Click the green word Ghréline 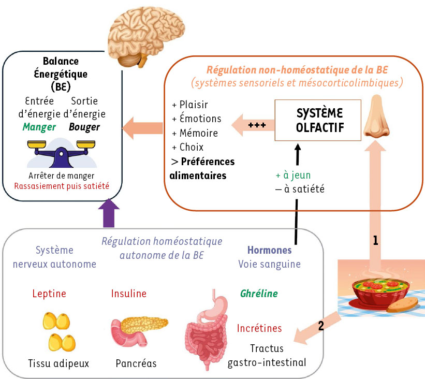coord(259,294)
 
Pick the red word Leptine coord(49,294)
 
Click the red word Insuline coord(129,294)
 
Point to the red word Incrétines coord(259,328)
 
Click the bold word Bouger coord(84,127)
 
